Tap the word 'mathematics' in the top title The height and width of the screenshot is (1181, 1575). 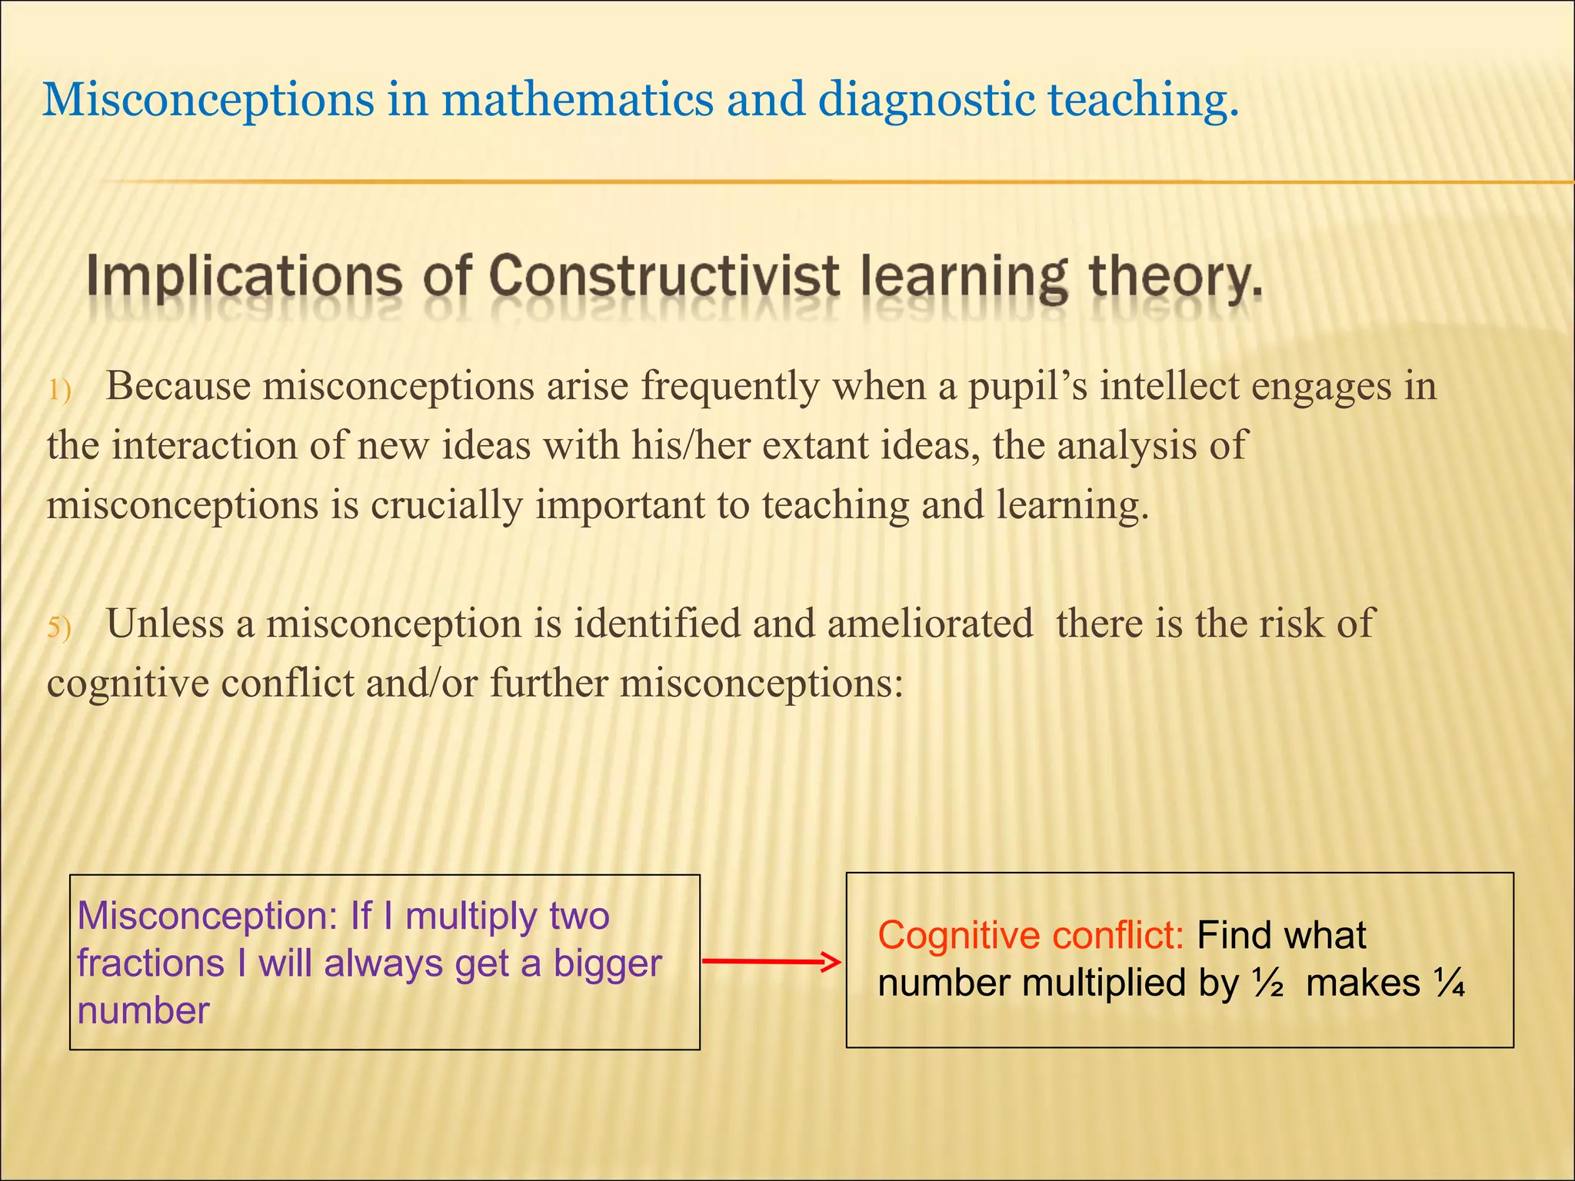pos(577,101)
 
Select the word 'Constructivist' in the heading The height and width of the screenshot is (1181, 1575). pos(664,277)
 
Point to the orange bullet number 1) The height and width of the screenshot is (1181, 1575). pos(59,391)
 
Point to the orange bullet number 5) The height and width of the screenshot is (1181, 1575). pos(59,628)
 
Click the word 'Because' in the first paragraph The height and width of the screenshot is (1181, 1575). pos(178,386)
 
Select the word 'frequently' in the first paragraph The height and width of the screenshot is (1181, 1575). pos(730,386)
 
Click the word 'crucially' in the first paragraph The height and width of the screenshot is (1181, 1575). pos(446,506)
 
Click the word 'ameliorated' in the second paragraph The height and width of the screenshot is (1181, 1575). pos(930,624)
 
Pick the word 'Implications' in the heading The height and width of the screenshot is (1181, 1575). pos(244,277)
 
